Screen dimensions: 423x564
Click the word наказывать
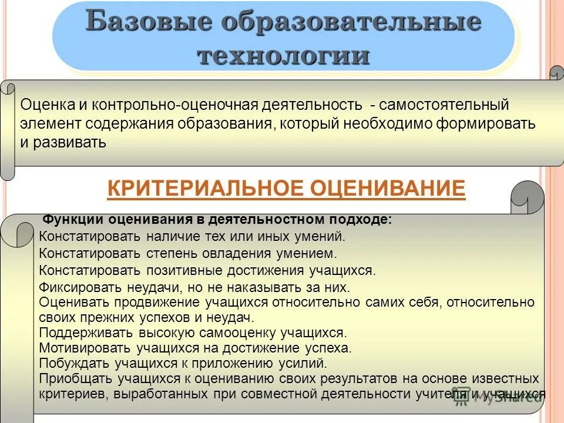click(x=287, y=288)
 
